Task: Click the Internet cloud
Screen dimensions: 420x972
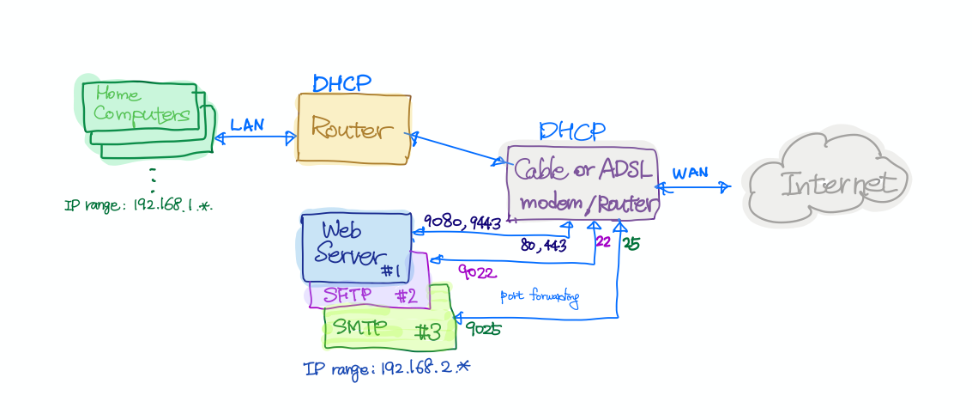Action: coord(827,181)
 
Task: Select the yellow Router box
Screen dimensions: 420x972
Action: coord(353,129)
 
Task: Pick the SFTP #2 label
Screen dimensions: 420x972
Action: coord(369,296)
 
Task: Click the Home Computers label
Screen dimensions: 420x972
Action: coord(141,104)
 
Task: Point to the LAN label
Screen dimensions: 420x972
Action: coord(247,125)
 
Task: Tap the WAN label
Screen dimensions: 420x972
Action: coord(690,173)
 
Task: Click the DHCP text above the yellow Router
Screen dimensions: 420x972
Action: coord(341,83)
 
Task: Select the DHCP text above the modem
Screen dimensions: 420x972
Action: coord(571,131)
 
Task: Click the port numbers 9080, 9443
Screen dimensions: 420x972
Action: coord(462,223)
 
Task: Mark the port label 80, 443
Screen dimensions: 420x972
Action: coord(543,246)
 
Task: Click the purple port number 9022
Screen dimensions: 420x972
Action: coord(475,273)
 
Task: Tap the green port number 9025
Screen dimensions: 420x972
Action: coord(483,329)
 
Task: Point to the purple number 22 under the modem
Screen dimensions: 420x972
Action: coord(603,242)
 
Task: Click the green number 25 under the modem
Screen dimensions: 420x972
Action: coord(631,244)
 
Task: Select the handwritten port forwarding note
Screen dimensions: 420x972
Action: coord(540,298)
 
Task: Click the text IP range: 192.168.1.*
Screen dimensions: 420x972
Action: coord(137,206)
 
